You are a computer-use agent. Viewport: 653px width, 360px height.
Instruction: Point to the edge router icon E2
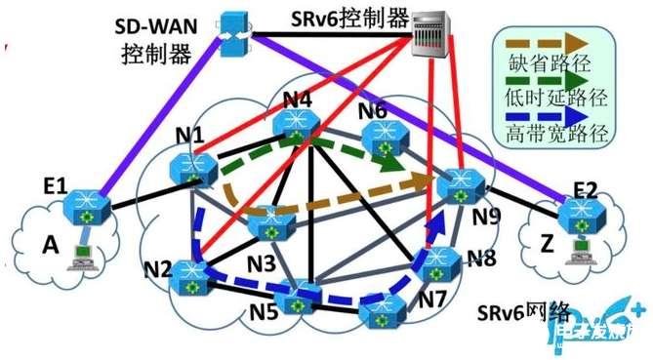tap(577, 211)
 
